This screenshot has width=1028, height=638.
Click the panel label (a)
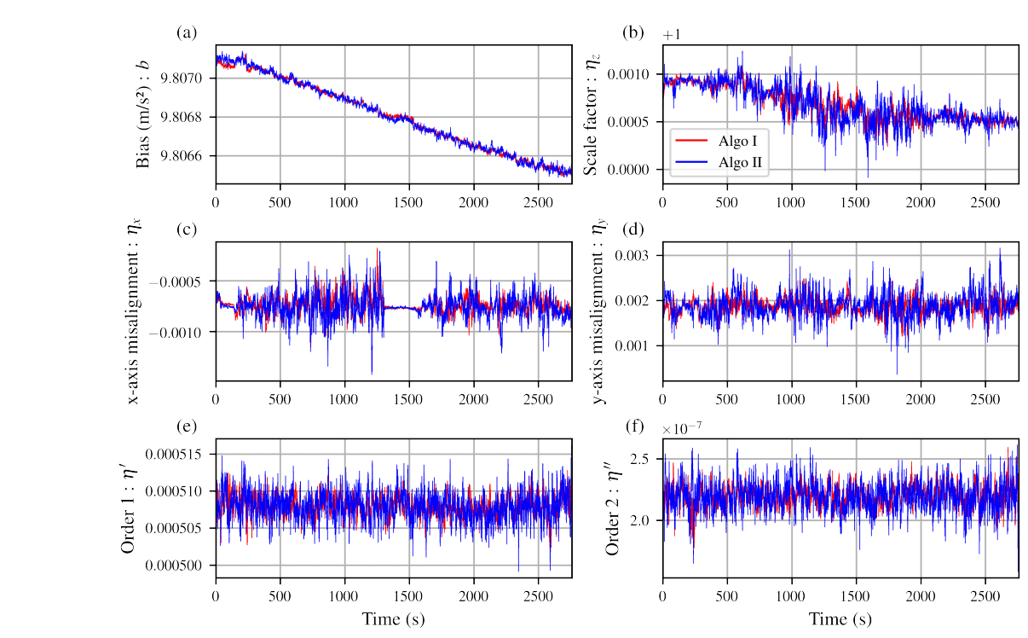coord(187,33)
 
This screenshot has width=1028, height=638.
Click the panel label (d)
coord(633,229)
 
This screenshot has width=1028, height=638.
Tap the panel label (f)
coord(633,426)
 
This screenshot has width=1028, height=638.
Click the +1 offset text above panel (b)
coord(673,35)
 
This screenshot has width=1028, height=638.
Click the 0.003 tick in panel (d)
coord(638,255)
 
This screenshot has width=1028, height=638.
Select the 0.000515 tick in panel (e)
coord(176,454)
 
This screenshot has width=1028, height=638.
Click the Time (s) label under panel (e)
coord(393,618)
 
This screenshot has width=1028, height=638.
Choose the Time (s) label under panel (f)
coord(840,618)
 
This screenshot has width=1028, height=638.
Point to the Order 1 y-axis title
coord(129,509)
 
